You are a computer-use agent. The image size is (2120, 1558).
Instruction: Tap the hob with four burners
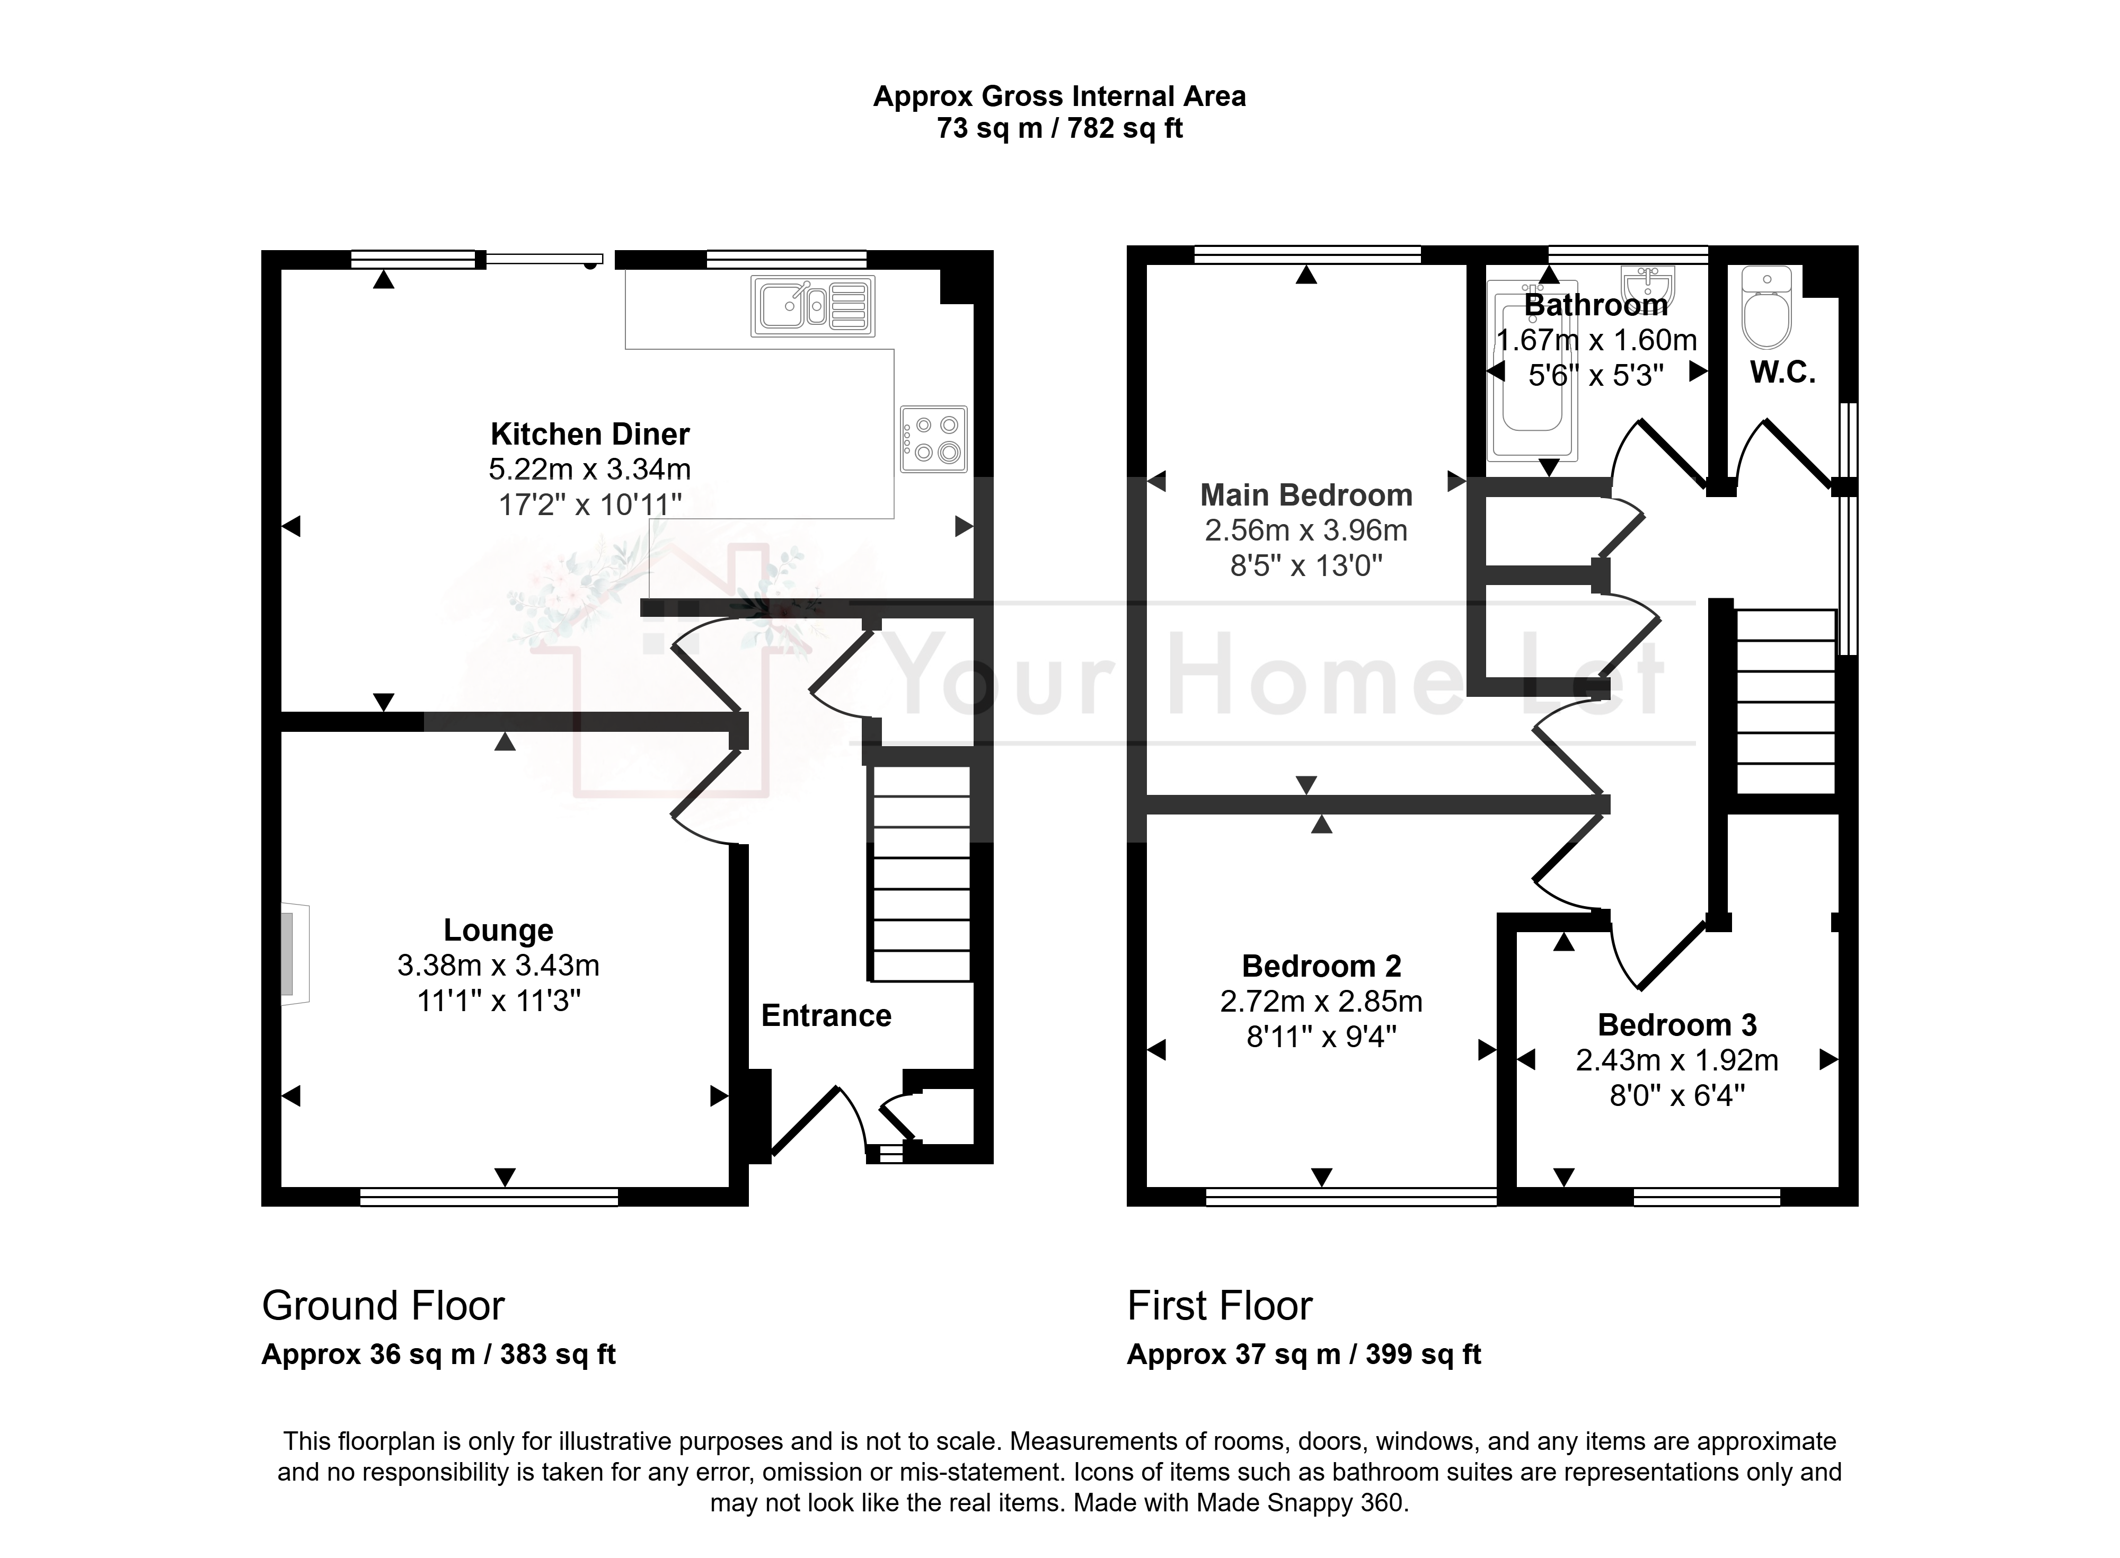[933, 439]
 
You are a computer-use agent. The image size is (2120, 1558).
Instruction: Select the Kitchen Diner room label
[590, 434]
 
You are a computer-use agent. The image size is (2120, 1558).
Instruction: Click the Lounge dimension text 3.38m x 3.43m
[498, 965]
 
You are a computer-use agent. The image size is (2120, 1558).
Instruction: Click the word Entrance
[826, 1016]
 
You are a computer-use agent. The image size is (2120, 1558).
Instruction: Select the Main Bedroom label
[1306, 495]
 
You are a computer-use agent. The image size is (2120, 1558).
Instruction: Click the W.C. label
[1782, 373]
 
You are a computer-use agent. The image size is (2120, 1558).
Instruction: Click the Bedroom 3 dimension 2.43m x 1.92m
[1677, 1060]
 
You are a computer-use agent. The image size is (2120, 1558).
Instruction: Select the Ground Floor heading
[383, 1305]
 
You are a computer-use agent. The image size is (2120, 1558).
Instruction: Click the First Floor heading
[1220, 1305]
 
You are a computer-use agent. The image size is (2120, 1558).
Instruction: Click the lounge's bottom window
[489, 1197]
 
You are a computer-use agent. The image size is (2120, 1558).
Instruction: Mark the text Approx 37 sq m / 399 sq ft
[1304, 1355]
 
